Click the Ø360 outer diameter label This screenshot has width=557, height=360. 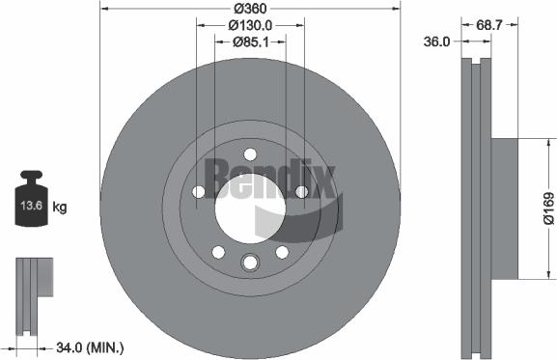coord(250,8)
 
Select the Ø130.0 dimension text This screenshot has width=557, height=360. coord(250,25)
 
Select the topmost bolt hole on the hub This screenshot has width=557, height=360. coord(250,153)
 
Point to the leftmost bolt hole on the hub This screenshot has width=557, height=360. coord(199,192)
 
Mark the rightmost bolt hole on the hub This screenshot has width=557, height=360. coord(301,192)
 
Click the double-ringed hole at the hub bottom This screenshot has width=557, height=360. coord(250,262)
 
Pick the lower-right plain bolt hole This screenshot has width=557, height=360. coord(282,251)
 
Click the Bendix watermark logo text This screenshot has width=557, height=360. coord(280,180)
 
